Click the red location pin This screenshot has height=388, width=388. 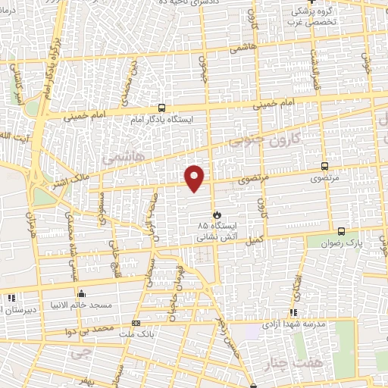196,177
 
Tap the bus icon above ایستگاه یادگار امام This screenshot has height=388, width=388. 161,108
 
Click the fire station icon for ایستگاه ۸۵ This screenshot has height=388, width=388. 217,214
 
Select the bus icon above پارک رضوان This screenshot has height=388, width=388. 341,231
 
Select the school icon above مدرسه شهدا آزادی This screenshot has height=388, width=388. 293,312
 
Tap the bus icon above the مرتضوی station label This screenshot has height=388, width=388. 324,166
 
